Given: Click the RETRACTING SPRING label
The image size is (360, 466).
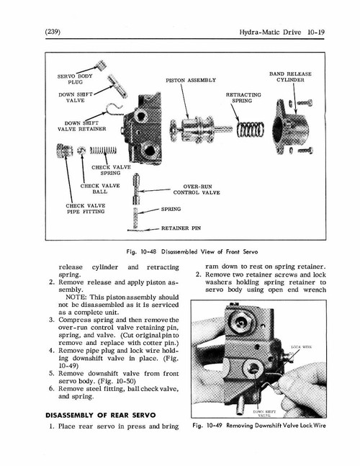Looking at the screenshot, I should [x=243, y=98].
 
